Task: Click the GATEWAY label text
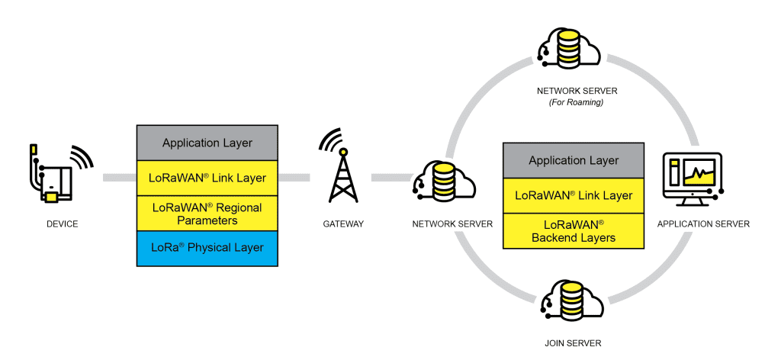point(342,224)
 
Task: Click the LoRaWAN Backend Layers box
point(574,230)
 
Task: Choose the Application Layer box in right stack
point(574,161)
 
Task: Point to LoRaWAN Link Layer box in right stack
point(574,195)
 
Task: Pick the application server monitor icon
point(693,178)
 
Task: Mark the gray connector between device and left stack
point(119,178)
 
